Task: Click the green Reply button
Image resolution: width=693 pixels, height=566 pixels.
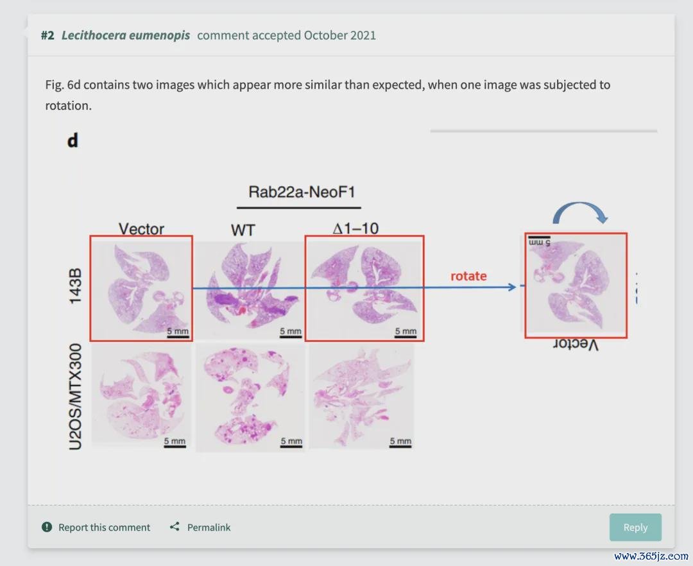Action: click(x=635, y=527)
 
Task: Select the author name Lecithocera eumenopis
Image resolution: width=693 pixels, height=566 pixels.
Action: click(x=126, y=35)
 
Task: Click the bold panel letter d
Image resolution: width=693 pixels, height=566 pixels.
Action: click(x=73, y=141)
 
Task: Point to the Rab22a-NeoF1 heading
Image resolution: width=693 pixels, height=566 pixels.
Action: click(x=302, y=192)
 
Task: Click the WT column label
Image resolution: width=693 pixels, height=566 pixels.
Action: click(x=243, y=230)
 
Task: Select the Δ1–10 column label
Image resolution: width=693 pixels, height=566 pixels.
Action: click(x=355, y=228)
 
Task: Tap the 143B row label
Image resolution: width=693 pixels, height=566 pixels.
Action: click(x=75, y=286)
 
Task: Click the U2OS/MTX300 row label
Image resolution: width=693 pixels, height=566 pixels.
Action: click(x=76, y=397)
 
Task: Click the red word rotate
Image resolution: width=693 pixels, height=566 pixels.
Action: click(x=468, y=276)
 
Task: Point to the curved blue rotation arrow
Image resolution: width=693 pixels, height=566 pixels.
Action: click(x=579, y=211)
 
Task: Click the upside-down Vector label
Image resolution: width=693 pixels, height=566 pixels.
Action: click(x=576, y=344)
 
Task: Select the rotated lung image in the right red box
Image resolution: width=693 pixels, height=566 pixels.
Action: click(x=576, y=286)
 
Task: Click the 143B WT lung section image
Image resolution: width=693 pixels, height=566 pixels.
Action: click(x=250, y=290)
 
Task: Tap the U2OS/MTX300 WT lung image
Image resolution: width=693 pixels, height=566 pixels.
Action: click(x=250, y=397)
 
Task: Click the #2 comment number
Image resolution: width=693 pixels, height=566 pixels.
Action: click(x=47, y=35)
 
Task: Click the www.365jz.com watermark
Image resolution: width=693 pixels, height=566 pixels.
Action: click(x=651, y=556)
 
